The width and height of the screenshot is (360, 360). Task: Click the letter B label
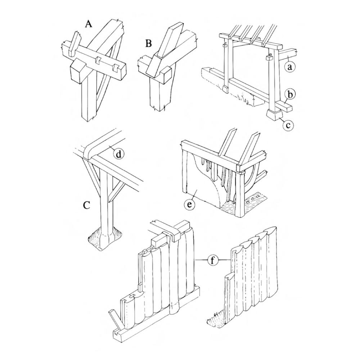tap(149, 43)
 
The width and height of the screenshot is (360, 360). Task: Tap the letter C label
tap(86, 205)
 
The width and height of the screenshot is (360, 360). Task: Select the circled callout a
tap(290, 67)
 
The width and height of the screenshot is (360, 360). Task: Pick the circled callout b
tap(290, 95)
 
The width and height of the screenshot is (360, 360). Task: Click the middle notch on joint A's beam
tap(99, 60)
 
